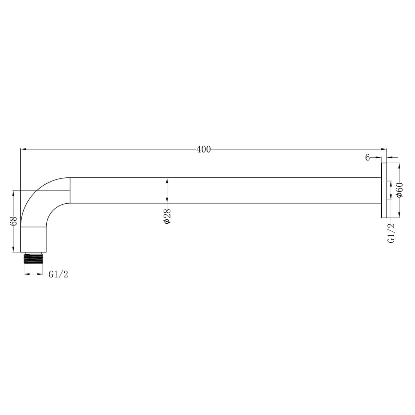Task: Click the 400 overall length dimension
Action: click(203, 149)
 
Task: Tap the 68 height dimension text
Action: click(13, 221)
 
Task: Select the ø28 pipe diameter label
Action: click(167, 216)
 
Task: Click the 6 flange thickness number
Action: click(367, 158)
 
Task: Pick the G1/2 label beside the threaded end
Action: click(58, 275)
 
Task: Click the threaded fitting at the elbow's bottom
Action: click(33, 258)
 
